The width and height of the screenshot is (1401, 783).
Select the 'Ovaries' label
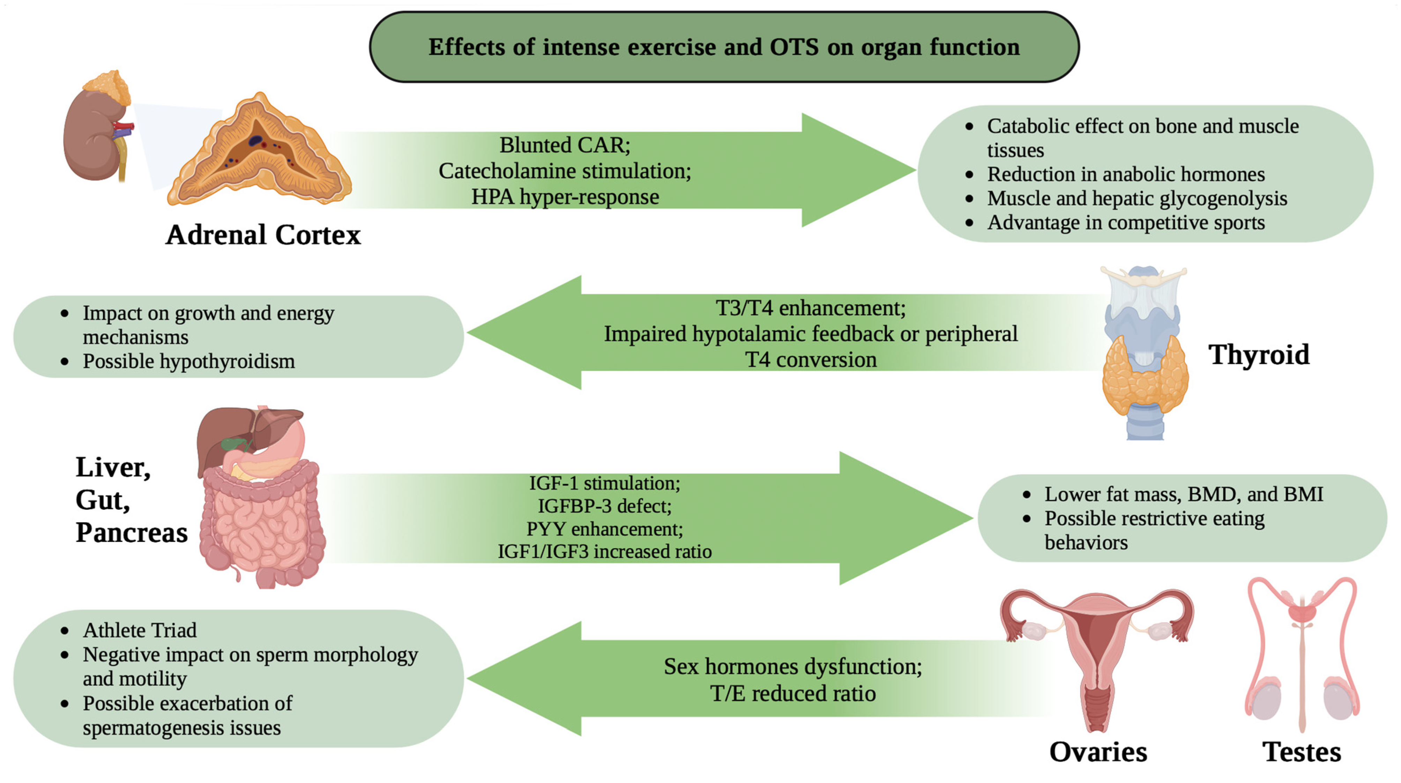click(1097, 752)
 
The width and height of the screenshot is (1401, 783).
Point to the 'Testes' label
click(1302, 752)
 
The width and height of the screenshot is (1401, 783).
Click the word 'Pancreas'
click(131, 532)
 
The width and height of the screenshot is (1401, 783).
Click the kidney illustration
click(92, 136)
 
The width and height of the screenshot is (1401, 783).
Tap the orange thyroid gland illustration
click(1145, 375)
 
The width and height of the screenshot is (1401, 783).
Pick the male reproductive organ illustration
click(1302, 652)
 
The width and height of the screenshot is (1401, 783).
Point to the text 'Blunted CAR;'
click(565, 145)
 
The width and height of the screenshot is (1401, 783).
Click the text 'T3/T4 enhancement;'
click(810, 308)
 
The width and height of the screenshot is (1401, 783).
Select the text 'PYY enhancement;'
click(604, 529)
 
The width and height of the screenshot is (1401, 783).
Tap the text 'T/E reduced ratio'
click(792, 693)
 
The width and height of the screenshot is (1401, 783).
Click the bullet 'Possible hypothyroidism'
click(189, 361)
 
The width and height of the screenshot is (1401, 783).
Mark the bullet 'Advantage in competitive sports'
click(1126, 222)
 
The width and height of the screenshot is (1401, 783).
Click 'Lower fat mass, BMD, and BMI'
click(1184, 494)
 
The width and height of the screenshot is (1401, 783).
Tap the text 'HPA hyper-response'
click(565, 197)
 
